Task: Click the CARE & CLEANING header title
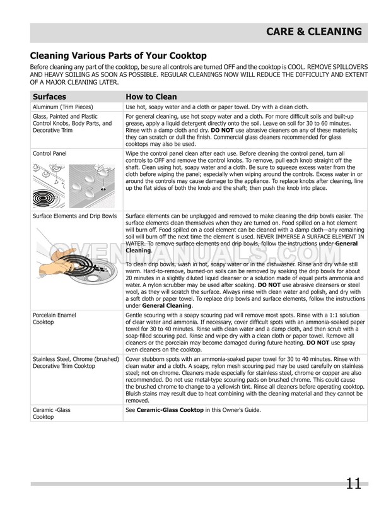pyautogui.click(x=313, y=32)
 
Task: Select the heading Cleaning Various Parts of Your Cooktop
pyautogui.click(x=119, y=56)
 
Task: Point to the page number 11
pyautogui.click(x=353, y=484)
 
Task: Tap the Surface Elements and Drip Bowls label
pyautogui.click(x=74, y=216)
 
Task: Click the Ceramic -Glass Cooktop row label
pyautogui.click(x=52, y=413)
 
